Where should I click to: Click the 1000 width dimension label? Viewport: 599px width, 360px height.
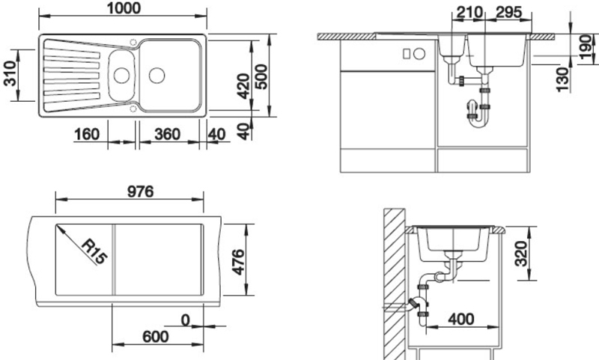[x=124, y=8]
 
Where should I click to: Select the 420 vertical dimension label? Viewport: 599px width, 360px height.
[x=243, y=86]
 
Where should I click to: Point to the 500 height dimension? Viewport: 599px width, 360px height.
[x=261, y=76]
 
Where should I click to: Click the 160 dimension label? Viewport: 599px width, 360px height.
[x=87, y=135]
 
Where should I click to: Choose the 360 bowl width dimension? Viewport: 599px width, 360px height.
[x=167, y=135]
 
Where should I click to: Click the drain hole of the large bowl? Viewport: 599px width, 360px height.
[x=157, y=76]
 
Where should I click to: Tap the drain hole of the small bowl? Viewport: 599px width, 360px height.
[x=121, y=75]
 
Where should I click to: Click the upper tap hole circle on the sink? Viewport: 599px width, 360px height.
[x=133, y=42]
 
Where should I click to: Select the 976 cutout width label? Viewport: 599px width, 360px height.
[x=140, y=192]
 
